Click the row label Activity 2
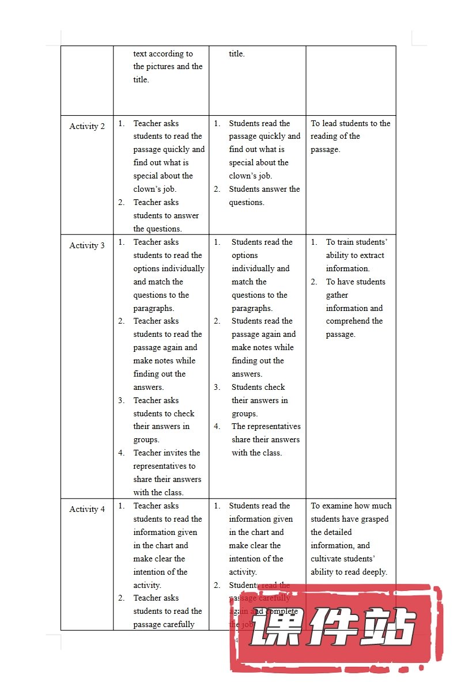(x=87, y=127)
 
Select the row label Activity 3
(x=87, y=245)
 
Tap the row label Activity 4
(x=87, y=509)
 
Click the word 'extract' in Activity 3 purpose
(x=372, y=255)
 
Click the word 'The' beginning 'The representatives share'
(x=239, y=427)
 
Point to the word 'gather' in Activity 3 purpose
(x=337, y=295)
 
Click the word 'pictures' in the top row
(x=173, y=66)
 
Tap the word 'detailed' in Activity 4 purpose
(x=338, y=532)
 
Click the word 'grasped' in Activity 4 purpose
(x=375, y=519)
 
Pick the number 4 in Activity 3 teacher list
(x=122, y=453)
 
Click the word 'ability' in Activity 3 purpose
(x=339, y=255)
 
